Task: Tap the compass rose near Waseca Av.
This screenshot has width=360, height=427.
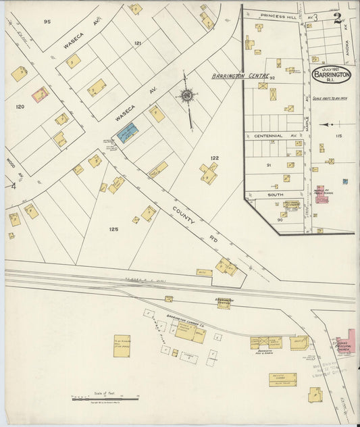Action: [x=186, y=96]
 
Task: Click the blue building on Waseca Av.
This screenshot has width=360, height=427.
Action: [x=127, y=132]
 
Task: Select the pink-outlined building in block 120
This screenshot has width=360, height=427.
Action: [x=41, y=94]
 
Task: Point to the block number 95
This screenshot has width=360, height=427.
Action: [x=47, y=22]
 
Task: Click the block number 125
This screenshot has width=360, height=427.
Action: [x=113, y=230]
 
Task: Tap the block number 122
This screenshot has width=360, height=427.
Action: [x=215, y=158]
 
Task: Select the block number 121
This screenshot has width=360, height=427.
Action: [x=138, y=43]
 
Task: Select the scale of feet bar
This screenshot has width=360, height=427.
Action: [x=105, y=399]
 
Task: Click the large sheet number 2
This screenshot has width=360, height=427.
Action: [x=336, y=18]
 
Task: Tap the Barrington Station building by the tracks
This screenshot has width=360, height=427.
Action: [x=224, y=304]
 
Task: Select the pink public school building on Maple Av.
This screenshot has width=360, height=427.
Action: [x=322, y=195]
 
